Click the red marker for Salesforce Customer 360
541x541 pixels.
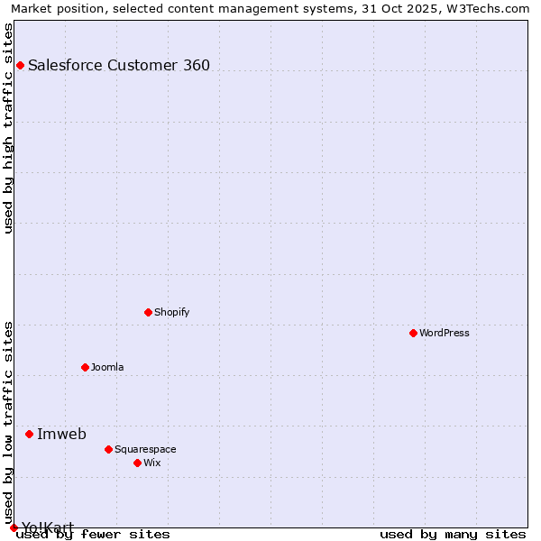click(x=20, y=65)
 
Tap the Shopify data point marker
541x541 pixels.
click(x=149, y=312)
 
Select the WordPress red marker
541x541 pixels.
click(x=414, y=333)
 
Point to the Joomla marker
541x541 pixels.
click(x=86, y=367)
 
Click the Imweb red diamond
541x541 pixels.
click(x=29, y=434)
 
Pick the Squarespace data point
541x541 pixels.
click(x=108, y=449)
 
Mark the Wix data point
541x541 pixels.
click(x=137, y=463)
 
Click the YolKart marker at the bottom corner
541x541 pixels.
click(x=14, y=527)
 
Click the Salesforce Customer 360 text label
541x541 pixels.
click(x=119, y=65)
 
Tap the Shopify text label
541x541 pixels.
click(x=171, y=312)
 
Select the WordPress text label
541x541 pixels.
click(x=445, y=333)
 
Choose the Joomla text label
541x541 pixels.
click(x=107, y=367)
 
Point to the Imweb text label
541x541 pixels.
click(x=61, y=434)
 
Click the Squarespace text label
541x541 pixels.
click(x=145, y=449)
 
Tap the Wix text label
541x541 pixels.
click(x=151, y=463)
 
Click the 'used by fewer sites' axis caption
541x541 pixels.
click(x=94, y=535)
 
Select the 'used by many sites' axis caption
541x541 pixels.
click(x=453, y=535)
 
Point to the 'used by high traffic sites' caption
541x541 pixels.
click(x=9, y=128)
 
